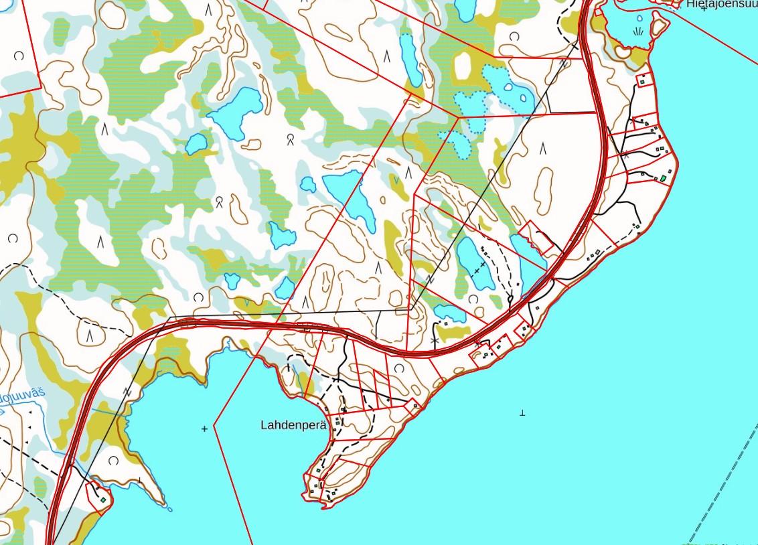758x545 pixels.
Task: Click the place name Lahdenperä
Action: point(293,424)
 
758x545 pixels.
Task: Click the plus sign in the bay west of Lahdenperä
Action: point(204,429)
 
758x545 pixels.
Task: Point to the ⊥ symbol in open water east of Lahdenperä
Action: point(522,413)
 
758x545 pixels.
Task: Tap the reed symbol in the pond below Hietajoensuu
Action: point(637,31)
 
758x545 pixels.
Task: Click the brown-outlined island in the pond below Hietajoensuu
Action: point(659,25)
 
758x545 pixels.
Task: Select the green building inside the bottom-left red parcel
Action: point(103,499)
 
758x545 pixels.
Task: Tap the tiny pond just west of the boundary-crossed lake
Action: point(308,184)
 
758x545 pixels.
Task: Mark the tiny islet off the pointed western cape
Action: point(169,510)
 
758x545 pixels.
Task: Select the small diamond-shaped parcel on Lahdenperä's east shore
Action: point(413,404)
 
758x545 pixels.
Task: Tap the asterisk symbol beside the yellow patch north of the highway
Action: point(436,341)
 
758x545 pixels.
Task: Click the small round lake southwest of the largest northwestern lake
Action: point(196,143)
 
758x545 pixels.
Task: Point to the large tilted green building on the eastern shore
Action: point(664,178)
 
